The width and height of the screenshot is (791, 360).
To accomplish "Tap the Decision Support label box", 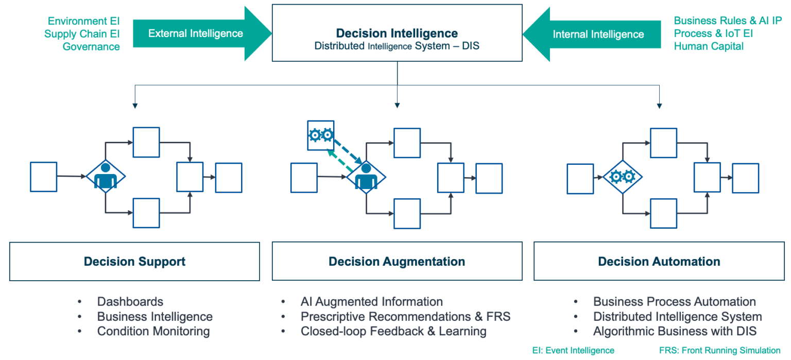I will tap(134, 262).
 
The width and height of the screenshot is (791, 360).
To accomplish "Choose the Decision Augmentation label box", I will tap(397, 262).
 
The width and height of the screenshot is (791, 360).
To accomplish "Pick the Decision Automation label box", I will tap(659, 262).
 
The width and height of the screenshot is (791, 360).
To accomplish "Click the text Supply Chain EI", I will tap(82, 34).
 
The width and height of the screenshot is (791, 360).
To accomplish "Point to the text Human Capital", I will tap(709, 46).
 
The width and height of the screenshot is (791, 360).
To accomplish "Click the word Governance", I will tap(91, 47).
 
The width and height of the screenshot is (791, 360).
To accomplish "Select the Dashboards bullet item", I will tap(130, 302).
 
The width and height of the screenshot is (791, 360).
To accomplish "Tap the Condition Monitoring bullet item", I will tap(153, 331).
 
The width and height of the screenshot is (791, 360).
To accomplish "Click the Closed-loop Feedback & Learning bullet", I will tap(393, 331).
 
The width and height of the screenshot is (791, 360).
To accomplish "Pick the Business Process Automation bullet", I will tap(674, 302).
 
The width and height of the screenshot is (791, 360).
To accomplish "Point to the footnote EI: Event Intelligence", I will tap(573, 350).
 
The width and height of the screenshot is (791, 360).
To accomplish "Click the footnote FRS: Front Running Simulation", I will tap(719, 350).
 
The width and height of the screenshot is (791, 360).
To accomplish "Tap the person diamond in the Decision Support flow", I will tap(106, 176).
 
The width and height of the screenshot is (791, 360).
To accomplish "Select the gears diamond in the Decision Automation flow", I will tap(622, 177).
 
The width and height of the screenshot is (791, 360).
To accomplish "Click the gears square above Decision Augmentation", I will tap(320, 135).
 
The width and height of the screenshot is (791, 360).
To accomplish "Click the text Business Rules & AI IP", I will tap(728, 21).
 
